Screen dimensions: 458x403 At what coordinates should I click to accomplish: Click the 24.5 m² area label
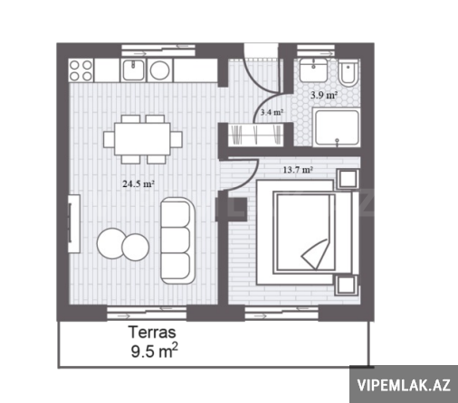138,183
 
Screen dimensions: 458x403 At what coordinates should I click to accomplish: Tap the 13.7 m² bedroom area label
298,170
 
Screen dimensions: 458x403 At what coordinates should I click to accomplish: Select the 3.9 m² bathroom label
324,95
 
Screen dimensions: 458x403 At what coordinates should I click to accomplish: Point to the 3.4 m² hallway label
272,112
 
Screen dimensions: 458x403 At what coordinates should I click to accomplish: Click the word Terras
152,333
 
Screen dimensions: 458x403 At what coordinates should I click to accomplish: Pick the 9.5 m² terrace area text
154,351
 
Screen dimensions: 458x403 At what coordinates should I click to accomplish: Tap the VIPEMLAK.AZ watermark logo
404,385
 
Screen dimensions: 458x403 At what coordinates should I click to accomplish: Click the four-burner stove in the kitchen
81,70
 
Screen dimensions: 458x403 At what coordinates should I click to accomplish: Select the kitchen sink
133,70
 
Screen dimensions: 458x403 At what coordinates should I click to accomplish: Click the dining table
142,139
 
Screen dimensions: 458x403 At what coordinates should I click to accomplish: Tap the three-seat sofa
177,240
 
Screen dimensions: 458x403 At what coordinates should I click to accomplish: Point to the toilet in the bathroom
348,73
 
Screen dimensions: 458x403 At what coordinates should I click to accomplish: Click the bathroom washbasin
313,70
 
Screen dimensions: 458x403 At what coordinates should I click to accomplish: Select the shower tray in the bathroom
337,127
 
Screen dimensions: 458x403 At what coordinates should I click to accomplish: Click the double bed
307,232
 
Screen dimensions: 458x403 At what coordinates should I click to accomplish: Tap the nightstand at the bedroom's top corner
348,178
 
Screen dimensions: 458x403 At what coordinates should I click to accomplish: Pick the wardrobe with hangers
255,136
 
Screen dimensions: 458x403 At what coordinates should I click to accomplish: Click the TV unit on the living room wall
74,223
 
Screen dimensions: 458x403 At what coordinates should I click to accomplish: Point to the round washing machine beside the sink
159,70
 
